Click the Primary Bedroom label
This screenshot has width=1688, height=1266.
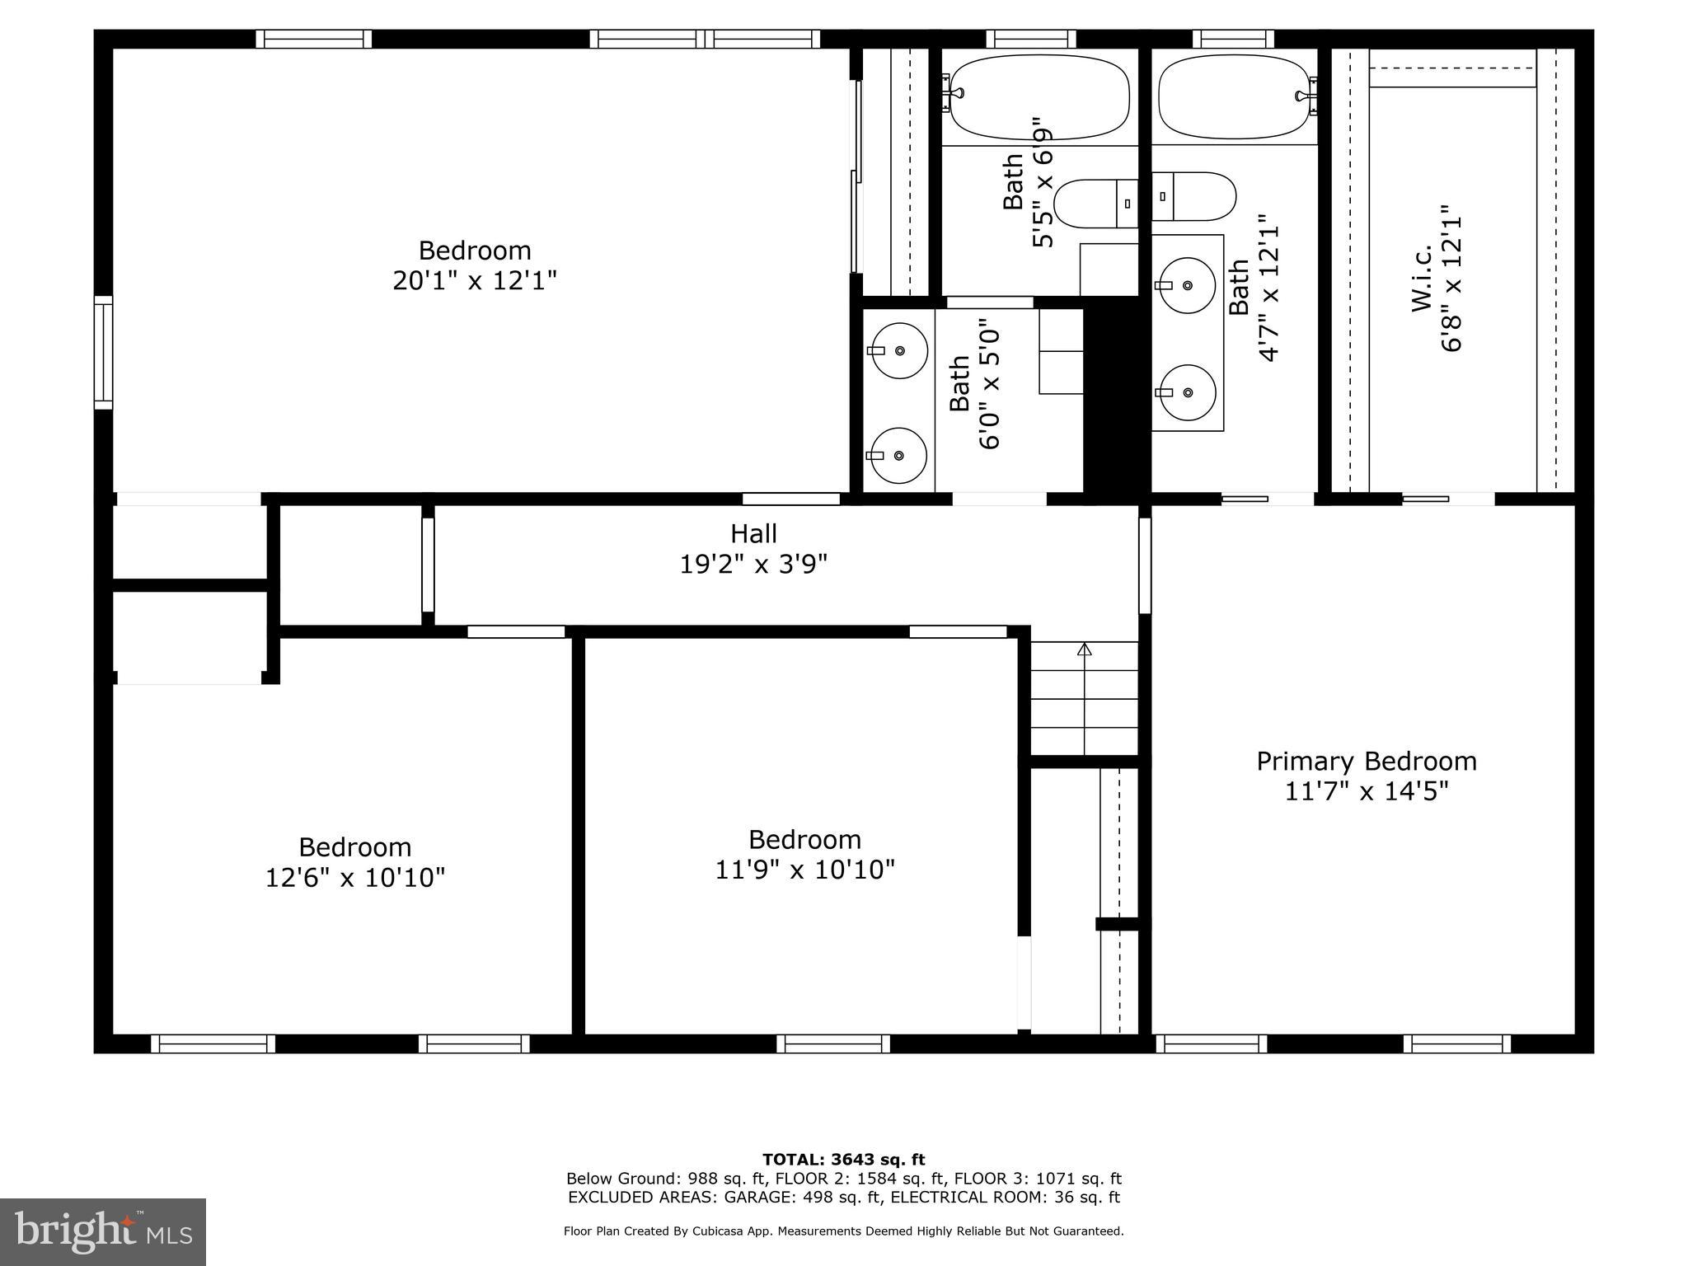(x=1366, y=761)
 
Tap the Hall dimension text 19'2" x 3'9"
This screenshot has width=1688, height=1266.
(x=753, y=565)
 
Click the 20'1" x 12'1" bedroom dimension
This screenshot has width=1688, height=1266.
(x=475, y=281)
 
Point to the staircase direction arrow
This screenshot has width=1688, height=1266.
(x=1085, y=650)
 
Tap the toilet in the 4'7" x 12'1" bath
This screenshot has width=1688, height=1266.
(x=1194, y=196)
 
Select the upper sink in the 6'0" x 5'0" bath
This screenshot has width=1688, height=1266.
(x=899, y=351)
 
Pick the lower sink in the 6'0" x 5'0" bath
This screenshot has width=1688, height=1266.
(x=898, y=455)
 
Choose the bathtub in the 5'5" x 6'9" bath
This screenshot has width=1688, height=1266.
(x=1039, y=97)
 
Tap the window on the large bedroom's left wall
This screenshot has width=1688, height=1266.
(x=103, y=353)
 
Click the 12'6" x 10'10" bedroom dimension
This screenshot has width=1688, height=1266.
(x=354, y=878)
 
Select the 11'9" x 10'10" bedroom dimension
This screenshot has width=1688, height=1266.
(x=804, y=870)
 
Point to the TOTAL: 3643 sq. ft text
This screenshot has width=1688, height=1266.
(x=843, y=1160)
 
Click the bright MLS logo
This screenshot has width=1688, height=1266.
(x=103, y=1231)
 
